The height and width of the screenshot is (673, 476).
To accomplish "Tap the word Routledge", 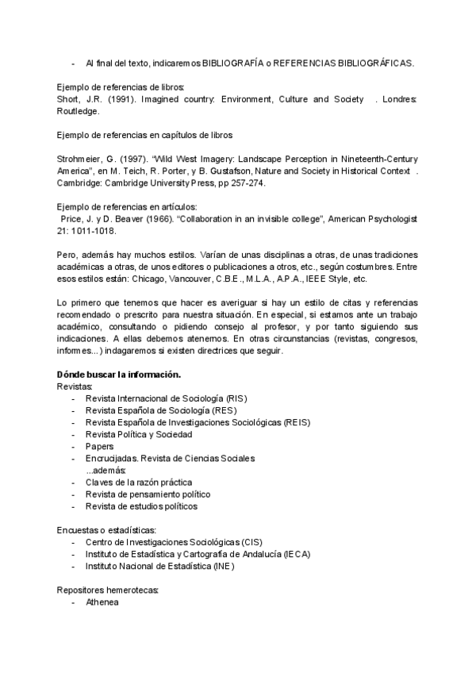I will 77,112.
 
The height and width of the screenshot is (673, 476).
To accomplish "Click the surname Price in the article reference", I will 73,217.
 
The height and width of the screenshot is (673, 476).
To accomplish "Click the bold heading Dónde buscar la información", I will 118,374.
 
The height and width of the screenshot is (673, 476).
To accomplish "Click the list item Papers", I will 99,447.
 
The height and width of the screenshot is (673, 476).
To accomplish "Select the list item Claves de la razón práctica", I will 139,483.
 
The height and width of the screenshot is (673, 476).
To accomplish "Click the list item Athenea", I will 102,602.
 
